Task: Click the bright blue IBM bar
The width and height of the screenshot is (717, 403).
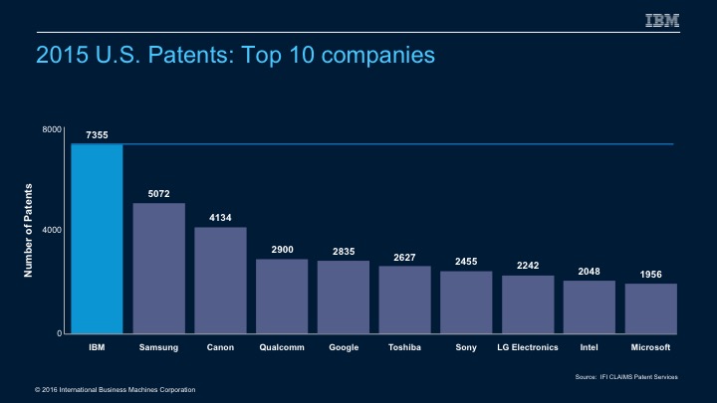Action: click(97, 239)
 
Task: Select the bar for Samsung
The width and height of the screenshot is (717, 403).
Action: click(158, 269)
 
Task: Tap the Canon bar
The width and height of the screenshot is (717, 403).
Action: click(220, 281)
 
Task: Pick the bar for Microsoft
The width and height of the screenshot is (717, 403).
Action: click(651, 308)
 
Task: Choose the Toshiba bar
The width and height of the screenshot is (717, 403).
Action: click(404, 300)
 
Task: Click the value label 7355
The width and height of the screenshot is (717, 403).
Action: click(97, 134)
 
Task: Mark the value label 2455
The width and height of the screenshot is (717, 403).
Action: click(466, 261)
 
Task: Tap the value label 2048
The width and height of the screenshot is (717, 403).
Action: click(590, 271)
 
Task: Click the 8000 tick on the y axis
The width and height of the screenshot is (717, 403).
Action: click(51, 130)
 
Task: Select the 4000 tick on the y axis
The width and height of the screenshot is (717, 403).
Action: click(51, 231)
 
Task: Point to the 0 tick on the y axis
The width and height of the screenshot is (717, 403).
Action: click(57, 332)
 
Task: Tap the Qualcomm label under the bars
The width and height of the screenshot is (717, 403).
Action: click(282, 349)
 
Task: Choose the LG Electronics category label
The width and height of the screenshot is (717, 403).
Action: click(528, 349)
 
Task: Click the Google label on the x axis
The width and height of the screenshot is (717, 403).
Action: click(344, 349)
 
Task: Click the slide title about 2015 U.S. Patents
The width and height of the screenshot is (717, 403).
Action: click(235, 56)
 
